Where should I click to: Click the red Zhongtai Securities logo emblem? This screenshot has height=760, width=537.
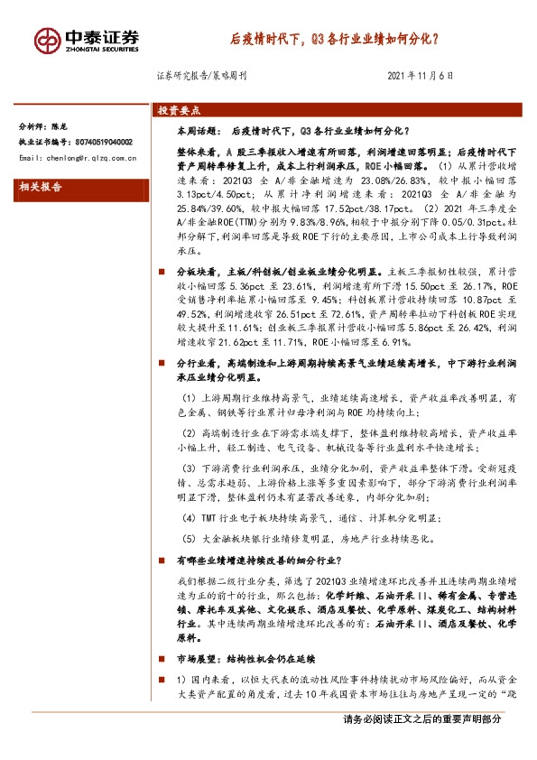pos(48,40)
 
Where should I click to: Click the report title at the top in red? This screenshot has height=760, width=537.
pos(333,40)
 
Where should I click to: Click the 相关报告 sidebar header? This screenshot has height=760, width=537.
pos(42,187)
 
